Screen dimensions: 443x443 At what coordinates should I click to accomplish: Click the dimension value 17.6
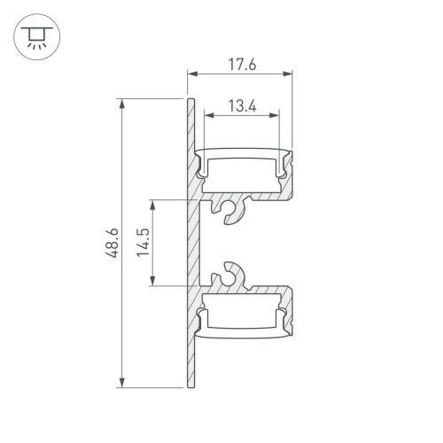click(x=239, y=65)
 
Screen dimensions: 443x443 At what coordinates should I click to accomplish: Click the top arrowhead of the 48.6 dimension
click(x=121, y=103)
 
